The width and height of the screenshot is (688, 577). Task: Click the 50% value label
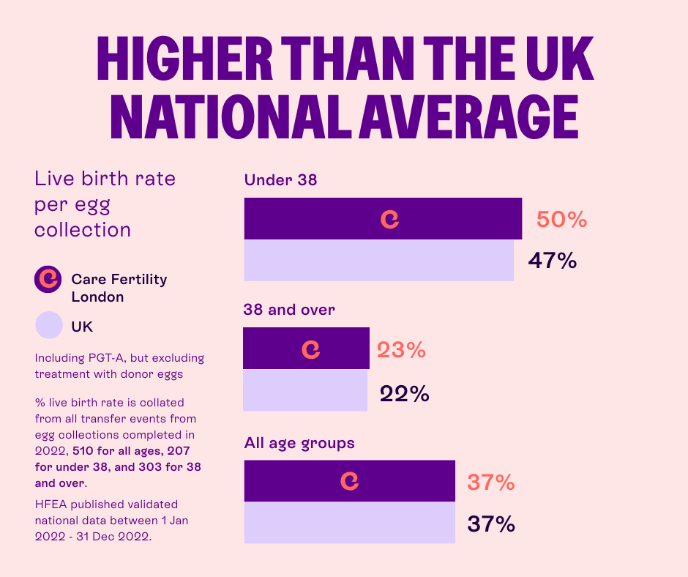pyautogui.click(x=561, y=220)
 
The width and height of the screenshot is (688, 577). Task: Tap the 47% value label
pyautogui.click(x=553, y=260)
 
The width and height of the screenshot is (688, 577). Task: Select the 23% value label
pyautogui.click(x=401, y=350)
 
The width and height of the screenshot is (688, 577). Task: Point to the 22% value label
pyautogui.click(x=404, y=394)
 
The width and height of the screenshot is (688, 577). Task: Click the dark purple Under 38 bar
pyautogui.click(x=454, y=219)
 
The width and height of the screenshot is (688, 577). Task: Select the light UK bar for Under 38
pyautogui.click(x=378, y=261)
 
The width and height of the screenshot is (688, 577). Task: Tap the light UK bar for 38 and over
pyautogui.click(x=304, y=390)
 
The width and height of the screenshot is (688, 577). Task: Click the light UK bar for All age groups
pyautogui.click(x=349, y=522)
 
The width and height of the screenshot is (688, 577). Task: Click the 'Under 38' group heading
pyautogui.click(x=280, y=179)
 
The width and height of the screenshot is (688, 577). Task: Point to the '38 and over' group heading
pyautogui.click(x=289, y=310)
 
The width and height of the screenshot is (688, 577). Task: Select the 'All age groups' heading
pyautogui.click(x=299, y=443)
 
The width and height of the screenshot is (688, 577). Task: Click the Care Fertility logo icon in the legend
pyautogui.click(x=48, y=278)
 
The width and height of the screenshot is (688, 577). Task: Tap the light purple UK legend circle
pyautogui.click(x=48, y=325)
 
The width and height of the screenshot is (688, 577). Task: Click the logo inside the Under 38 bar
pyautogui.click(x=390, y=219)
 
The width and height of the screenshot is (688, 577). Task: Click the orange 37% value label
pyautogui.click(x=490, y=483)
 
